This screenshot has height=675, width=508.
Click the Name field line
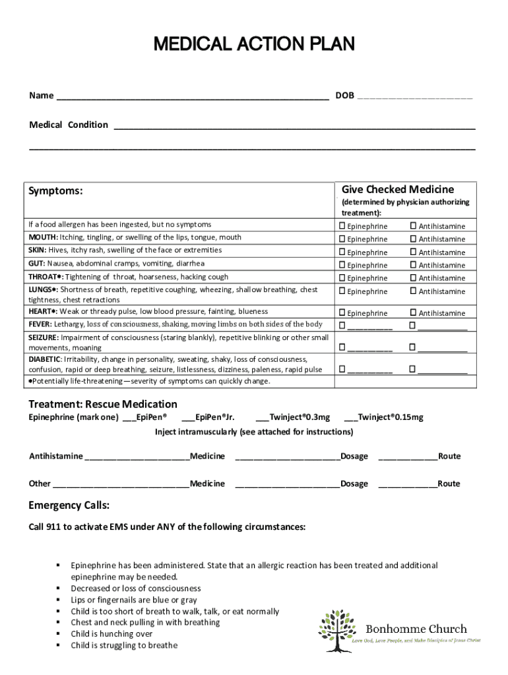(192, 96)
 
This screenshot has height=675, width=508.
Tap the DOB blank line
(414, 96)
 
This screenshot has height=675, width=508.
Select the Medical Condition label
(69, 125)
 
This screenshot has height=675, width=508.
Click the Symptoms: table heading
(55, 191)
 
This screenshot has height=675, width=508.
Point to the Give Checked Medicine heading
(397, 189)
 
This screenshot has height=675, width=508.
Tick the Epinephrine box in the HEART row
(342, 313)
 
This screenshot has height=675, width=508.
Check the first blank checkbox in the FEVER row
(342, 326)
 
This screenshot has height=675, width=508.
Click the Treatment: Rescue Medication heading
(103, 404)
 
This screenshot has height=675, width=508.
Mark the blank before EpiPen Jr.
(187, 417)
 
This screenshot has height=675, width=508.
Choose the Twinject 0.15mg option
(383, 417)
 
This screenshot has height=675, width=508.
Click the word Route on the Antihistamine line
(449, 456)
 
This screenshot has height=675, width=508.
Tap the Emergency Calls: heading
(69, 506)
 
